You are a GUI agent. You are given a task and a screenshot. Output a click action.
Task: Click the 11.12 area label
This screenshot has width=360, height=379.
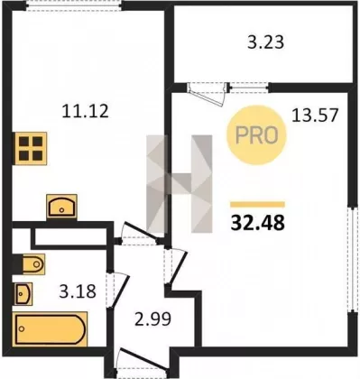tap(85, 111)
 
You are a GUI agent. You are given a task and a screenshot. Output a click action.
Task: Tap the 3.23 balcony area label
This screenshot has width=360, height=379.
tap(266, 42)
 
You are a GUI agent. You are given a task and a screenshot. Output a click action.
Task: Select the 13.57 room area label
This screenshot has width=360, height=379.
tap(315, 115)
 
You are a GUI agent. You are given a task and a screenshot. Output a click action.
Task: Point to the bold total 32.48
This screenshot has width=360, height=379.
tap(257, 223)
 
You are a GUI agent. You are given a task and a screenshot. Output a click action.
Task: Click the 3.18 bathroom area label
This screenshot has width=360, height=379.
tap(78, 291)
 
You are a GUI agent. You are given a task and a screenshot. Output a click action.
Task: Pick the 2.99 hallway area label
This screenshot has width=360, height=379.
tap(153, 319)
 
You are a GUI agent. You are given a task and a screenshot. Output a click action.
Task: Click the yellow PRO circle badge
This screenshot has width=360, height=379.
tap(256, 134)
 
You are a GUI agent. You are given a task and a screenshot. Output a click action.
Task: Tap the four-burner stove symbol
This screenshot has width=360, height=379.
tap(30, 148)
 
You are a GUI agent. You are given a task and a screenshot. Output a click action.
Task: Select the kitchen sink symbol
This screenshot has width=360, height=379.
tap(61, 207)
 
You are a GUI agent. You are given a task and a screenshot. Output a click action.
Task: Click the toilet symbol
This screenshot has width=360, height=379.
tap(30, 264)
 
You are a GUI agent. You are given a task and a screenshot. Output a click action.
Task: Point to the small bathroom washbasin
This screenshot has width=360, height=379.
tap(23, 294)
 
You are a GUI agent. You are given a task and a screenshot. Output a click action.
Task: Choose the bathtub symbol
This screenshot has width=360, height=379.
tap(50, 329)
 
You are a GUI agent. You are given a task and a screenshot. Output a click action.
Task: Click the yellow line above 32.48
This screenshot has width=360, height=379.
tap(257, 205)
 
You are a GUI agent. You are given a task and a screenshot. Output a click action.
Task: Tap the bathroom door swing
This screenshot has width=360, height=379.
tap(118, 291)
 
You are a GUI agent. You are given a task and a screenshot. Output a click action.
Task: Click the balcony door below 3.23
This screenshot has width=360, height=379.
tap(208, 93)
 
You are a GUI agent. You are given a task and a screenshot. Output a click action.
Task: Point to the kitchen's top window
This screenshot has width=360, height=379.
tap(73, 6)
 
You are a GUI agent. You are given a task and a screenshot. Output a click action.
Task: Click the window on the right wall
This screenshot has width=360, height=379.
tap(351, 259)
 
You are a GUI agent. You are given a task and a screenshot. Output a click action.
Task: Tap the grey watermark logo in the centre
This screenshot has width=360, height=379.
tap(180, 184)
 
